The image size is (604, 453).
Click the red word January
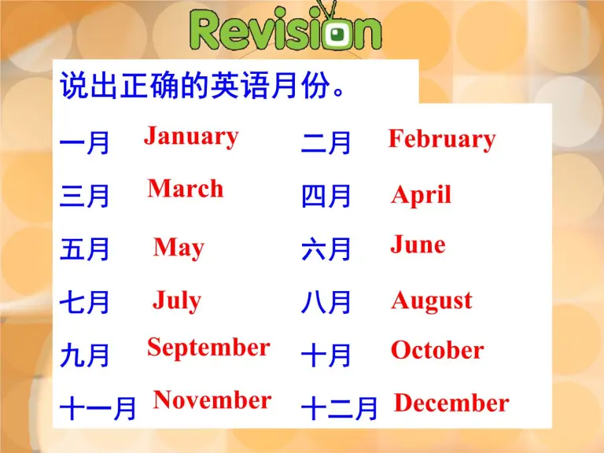point(191,136)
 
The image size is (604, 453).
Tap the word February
point(441,139)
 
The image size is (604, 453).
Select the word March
point(186,188)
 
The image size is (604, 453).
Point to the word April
point(422,194)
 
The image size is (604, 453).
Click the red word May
point(179,248)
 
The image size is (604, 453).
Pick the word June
point(418,245)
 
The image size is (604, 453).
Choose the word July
point(177,300)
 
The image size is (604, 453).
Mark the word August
point(432,300)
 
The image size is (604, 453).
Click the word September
point(208,347)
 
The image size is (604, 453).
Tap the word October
point(437,350)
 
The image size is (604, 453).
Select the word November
point(212,400)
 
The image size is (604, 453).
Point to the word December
point(451,403)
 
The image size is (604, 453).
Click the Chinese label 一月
point(85,144)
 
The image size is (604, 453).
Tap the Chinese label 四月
point(326,197)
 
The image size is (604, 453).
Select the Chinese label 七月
point(85,303)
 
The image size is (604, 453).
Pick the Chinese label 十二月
point(340,408)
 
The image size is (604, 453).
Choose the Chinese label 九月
point(85,356)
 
